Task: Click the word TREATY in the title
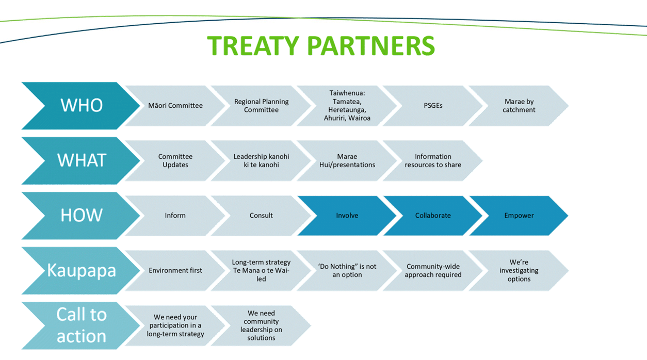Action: point(253,45)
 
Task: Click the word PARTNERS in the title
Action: point(371,45)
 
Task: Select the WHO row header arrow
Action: point(82,106)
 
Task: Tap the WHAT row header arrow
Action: point(82,160)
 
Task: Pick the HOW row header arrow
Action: point(82,216)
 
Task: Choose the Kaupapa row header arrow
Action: point(82,270)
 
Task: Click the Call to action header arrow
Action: point(82,325)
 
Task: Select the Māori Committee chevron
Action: point(175,106)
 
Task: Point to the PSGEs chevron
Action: point(433,106)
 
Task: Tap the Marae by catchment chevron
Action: point(519,106)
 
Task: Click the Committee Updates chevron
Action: point(175,160)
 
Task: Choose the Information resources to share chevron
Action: point(433,160)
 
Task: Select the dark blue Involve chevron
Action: point(347,216)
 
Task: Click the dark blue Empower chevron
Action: point(519,216)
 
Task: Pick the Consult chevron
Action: point(261,216)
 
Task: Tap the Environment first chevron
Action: point(175,270)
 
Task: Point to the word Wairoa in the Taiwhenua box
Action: point(359,118)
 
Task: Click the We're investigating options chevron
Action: point(519,270)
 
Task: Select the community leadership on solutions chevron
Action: point(261,325)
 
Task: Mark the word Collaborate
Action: point(433,216)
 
